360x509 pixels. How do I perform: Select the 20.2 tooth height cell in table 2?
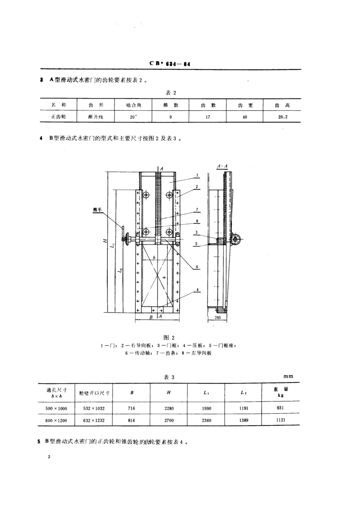tap(282, 117)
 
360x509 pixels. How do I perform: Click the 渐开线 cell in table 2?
tap(95, 117)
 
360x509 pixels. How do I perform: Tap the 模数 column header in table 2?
tap(171, 105)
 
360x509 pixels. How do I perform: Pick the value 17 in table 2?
tap(208, 117)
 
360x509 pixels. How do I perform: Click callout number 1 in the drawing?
tap(198, 175)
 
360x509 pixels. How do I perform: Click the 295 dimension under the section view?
tap(218, 318)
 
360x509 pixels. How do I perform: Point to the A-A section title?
tap(222, 166)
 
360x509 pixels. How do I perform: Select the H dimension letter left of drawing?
tap(106, 240)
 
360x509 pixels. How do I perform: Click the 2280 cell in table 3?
tap(169, 409)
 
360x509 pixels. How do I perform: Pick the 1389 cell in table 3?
tap(243, 420)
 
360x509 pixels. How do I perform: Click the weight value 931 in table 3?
tap(280, 408)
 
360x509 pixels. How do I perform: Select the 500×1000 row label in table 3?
tap(56, 409)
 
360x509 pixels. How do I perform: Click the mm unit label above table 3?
tap(288, 376)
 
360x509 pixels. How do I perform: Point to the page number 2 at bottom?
tap(49, 457)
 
